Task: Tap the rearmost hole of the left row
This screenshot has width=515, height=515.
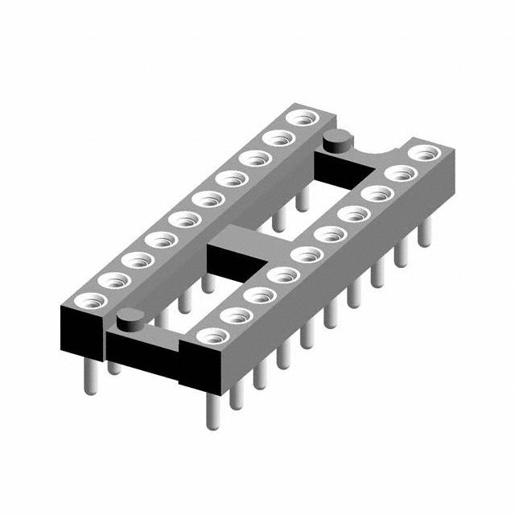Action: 302,119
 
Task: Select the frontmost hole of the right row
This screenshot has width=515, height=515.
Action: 211,336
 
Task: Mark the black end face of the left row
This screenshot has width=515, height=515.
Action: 82,331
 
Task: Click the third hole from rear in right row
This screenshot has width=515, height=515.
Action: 374,193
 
